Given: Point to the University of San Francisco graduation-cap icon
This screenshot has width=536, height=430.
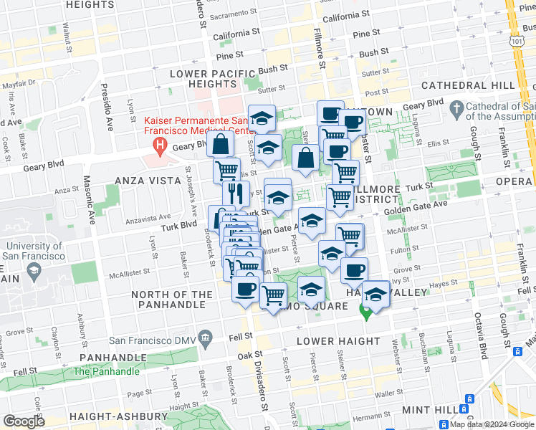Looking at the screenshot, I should (x=34, y=270).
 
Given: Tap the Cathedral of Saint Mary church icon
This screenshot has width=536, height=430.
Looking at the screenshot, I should (x=456, y=108).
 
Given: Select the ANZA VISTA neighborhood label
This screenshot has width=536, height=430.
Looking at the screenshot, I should (x=142, y=181).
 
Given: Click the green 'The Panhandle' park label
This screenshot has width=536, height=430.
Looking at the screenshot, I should (x=106, y=371).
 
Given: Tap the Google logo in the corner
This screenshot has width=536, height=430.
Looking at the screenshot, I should (x=24, y=421).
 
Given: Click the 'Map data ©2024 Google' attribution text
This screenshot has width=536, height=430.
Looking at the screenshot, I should (x=491, y=424).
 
